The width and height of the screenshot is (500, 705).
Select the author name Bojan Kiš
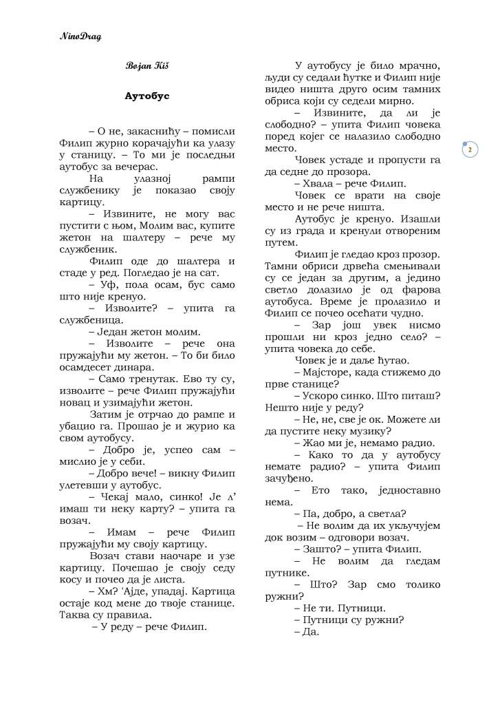(142, 66)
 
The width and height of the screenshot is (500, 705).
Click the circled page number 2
(470, 149)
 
